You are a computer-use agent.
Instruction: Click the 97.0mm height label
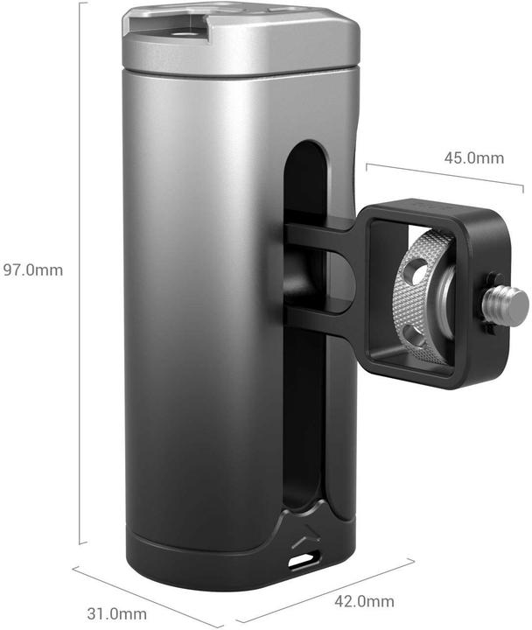pos(32,269)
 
